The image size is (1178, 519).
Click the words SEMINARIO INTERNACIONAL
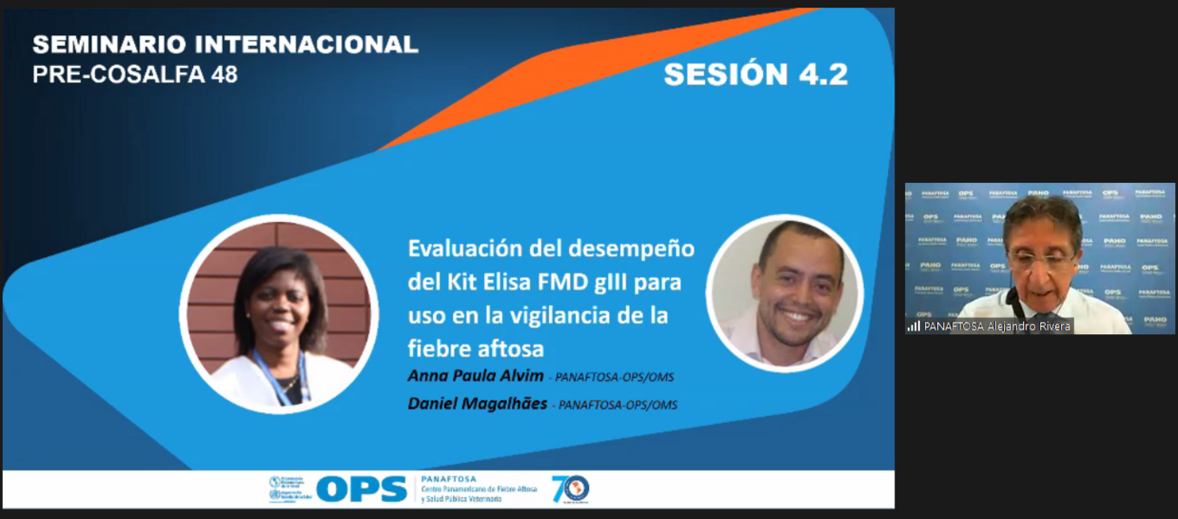(x=225, y=44)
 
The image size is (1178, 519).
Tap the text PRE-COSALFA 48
(x=135, y=74)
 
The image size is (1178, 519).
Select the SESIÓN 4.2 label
(x=756, y=74)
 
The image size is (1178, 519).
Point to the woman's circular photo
(x=278, y=313)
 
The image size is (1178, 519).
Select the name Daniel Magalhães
(x=478, y=403)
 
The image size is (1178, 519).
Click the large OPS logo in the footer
(x=361, y=489)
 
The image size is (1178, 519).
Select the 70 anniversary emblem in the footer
(x=570, y=489)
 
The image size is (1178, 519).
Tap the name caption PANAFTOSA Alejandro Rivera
(x=997, y=326)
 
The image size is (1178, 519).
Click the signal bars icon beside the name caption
(x=913, y=326)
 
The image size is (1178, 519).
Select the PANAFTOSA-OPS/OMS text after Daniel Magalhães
(x=618, y=405)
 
